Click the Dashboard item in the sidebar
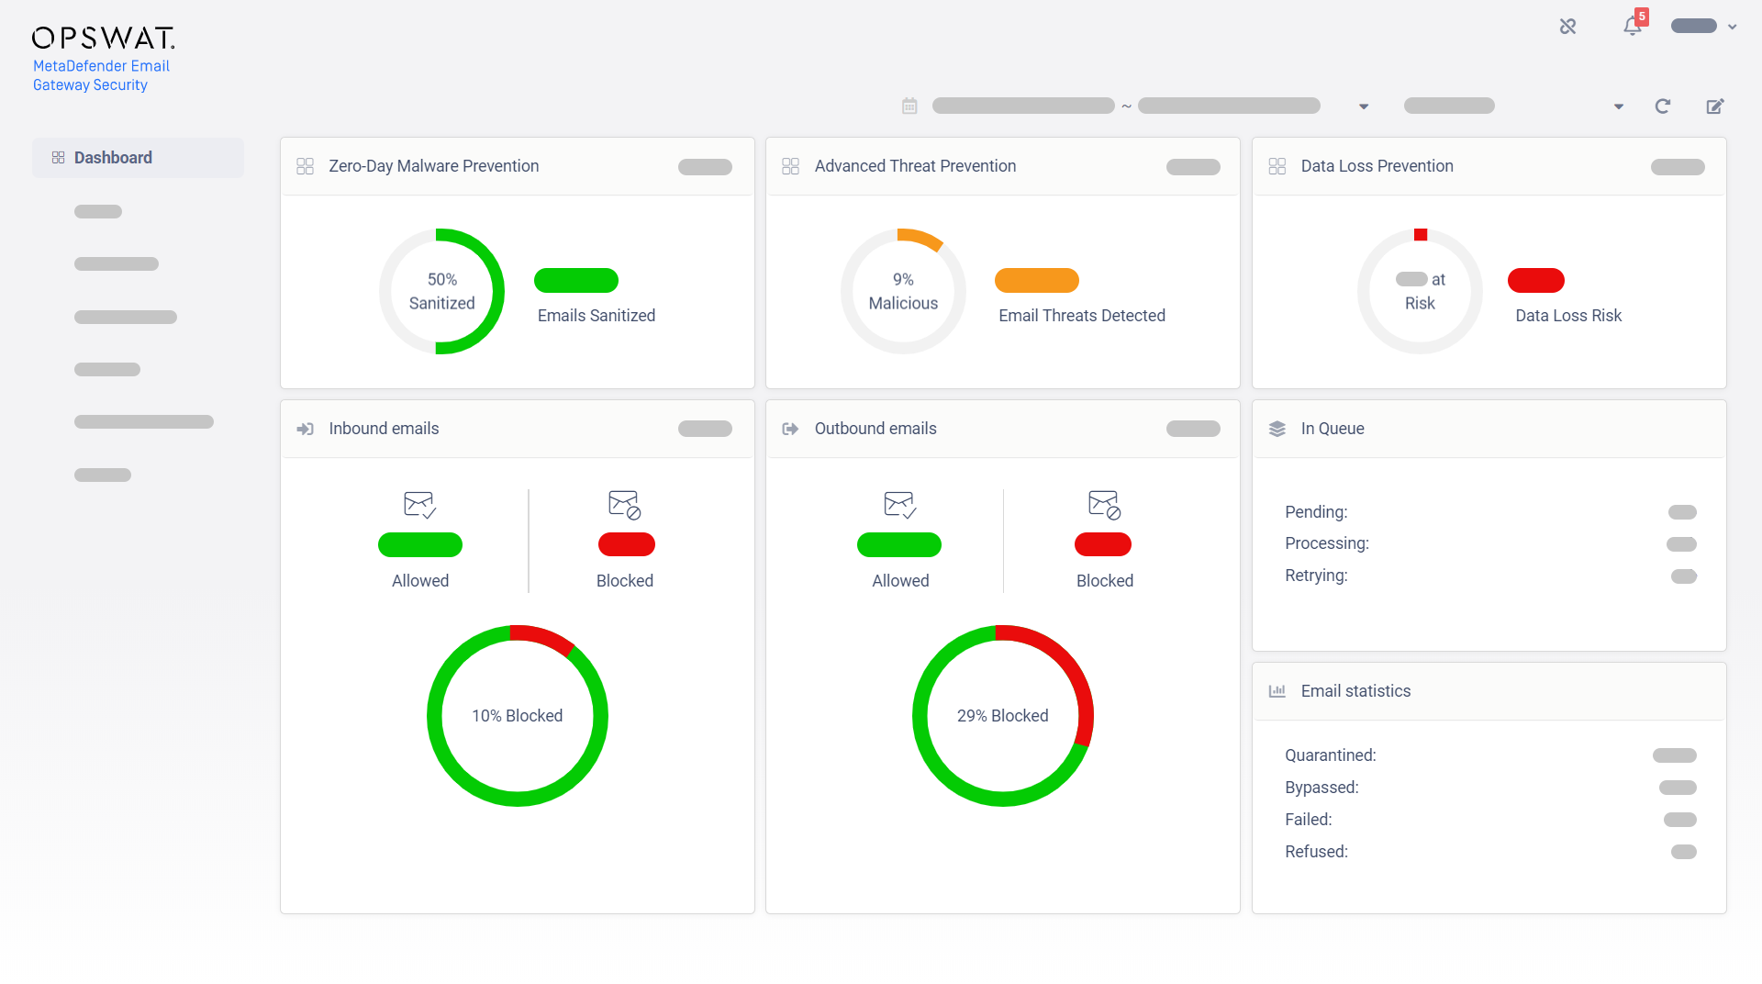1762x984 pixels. tap(113, 158)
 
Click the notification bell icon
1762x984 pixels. tap(1632, 27)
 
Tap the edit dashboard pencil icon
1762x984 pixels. tap(1714, 106)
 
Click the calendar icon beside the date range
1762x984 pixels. tap(909, 106)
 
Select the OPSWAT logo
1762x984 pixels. tap(103, 38)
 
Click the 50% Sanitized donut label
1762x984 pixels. tap(441, 291)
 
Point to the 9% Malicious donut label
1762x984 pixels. tap(903, 291)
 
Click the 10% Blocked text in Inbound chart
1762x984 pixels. tap(517, 716)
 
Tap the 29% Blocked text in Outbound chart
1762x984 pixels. tap(1002, 716)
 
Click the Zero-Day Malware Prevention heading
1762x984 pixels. tap(433, 166)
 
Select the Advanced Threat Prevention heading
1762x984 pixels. tap(915, 166)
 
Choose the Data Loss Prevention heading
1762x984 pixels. tap(1377, 166)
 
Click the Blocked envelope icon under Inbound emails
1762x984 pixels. tap(625, 505)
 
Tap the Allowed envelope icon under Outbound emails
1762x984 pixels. tap(899, 505)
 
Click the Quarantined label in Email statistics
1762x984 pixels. tap(1330, 755)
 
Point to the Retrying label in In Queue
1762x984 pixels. tap(1316, 576)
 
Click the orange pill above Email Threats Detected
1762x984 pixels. tap(1036, 280)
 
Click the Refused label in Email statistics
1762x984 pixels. tap(1316, 852)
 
